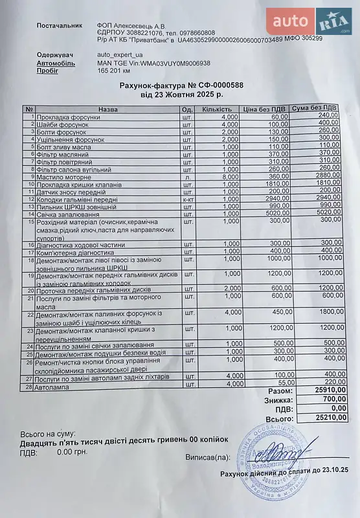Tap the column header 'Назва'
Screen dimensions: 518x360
(x=108, y=109)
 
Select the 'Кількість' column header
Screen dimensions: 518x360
(x=216, y=109)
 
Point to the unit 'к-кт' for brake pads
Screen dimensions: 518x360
(x=188, y=199)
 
